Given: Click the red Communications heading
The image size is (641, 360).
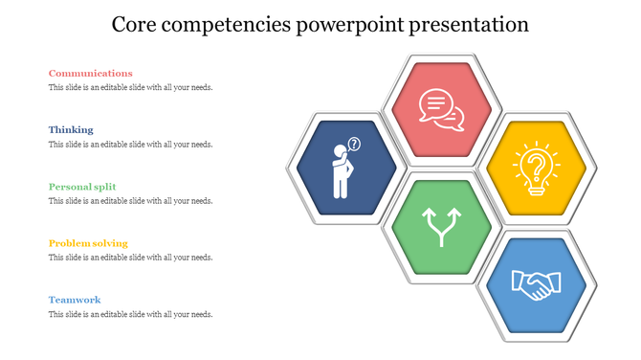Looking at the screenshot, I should [90, 73].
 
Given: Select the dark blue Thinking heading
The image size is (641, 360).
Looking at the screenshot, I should [71, 129].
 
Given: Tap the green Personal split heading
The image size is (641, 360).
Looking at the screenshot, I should [81, 187].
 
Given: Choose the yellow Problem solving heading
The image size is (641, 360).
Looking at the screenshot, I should [88, 243].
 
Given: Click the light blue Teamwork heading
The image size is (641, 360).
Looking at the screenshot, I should [75, 300].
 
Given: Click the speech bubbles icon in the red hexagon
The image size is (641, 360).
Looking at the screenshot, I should [442, 109].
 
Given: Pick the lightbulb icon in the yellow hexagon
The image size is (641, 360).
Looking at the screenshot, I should [537, 169].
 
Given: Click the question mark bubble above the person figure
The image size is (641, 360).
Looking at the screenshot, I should [355, 145].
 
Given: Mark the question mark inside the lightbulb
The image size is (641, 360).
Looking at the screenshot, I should [538, 165].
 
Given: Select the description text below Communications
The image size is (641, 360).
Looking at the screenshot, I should [130, 87].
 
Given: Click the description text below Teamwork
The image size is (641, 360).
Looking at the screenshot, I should [130, 314].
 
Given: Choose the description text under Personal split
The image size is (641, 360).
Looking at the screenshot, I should [130, 201].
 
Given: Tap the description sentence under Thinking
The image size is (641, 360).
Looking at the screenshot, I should [130, 145].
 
